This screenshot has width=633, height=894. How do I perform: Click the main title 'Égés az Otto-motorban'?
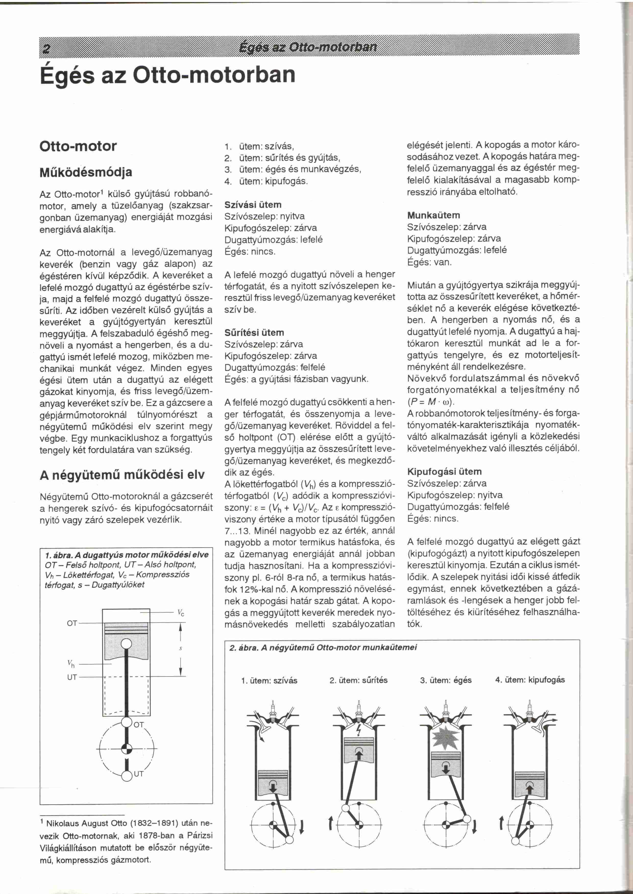[168, 75]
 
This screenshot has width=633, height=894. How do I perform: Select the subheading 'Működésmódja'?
[86, 172]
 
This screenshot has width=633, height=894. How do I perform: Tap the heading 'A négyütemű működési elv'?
[122, 475]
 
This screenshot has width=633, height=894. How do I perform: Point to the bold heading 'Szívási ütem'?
[253, 205]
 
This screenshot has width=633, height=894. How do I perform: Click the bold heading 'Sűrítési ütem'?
[254, 332]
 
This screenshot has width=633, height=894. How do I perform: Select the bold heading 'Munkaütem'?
[433, 215]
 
